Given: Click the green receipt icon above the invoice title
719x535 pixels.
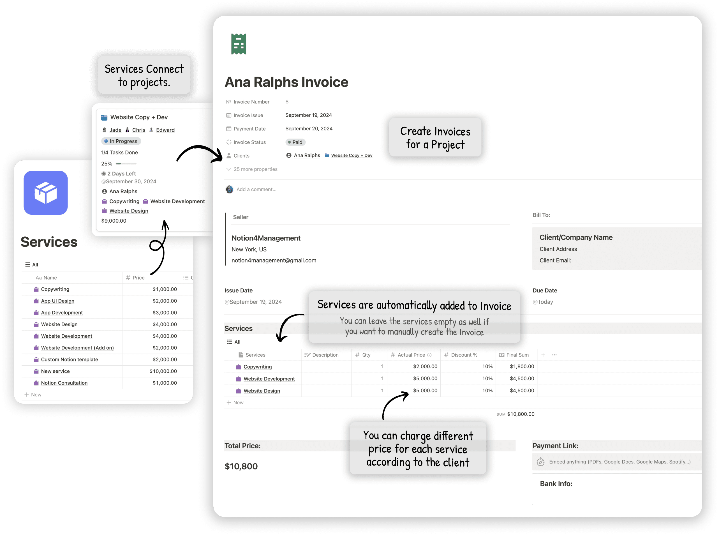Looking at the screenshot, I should click(239, 44).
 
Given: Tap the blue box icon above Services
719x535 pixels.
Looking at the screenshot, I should click(46, 193).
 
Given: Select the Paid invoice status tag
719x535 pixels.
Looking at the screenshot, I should click(295, 142).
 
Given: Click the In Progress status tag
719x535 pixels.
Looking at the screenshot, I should click(121, 141).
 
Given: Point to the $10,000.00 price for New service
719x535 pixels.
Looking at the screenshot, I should click(163, 371).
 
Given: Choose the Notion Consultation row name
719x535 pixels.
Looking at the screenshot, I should click(64, 383).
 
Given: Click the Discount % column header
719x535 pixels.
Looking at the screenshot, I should click(464, 355).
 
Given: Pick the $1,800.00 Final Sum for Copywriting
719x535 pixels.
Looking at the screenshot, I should click(522, 366).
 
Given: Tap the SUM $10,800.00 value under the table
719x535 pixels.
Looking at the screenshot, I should click(520, 414).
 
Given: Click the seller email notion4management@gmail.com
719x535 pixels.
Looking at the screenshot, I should click(274, 260).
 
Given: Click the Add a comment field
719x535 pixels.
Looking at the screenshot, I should click(256, 190).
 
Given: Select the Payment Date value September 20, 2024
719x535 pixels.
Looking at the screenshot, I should click(309, 129).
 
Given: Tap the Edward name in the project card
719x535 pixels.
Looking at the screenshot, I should click(165, 130).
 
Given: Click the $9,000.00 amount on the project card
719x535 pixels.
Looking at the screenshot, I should click(114, 221).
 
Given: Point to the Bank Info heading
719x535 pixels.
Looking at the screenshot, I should click(556, 484).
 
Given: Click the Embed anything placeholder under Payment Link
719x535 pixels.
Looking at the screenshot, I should click(619, 462).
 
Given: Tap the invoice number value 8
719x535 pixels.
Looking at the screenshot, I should click(287, 102).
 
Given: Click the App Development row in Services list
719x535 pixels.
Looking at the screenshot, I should click(62, 313).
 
